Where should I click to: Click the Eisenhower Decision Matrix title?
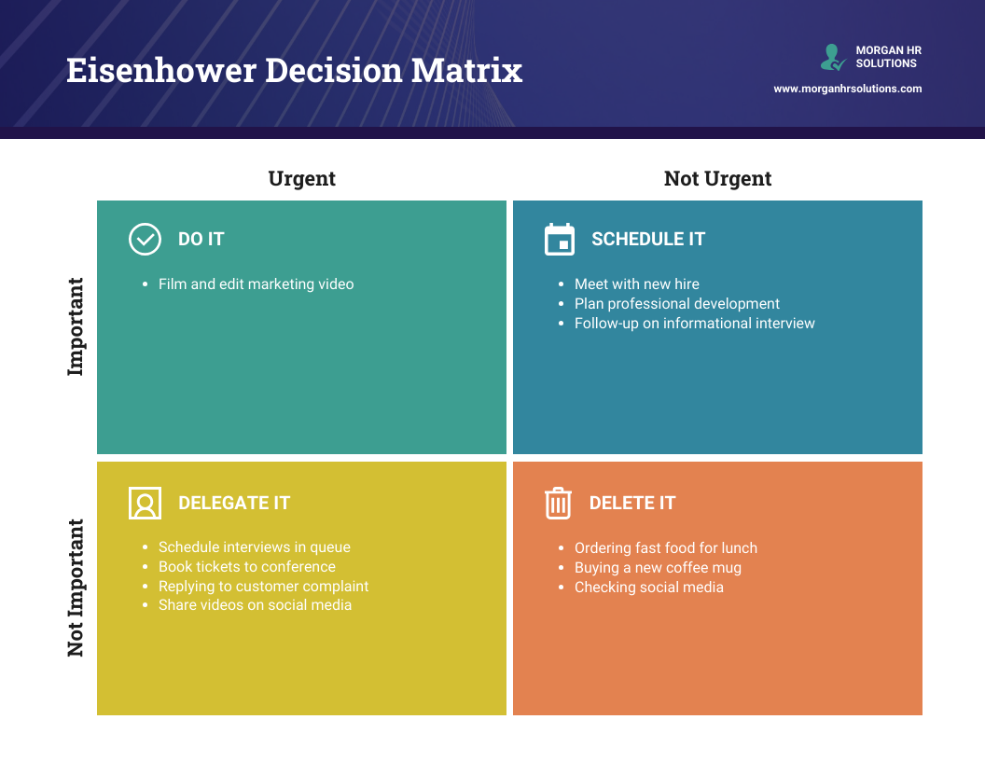pyautogui.click(x=294, y=71)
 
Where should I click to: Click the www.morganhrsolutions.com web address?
pyautogui.click(x=847, y=89)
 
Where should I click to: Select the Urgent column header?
pyautogui.click(x=301, y=178)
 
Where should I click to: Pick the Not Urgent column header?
pyautogui.click(x=717, y=178)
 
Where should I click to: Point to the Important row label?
pyautogui.click(x=76, y=326)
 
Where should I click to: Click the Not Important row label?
pyautogui.click(x=76, y=588)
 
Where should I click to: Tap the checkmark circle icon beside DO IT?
pyautogui.click(x=145, y=239)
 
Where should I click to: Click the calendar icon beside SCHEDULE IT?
pyautogui.click(x=560, y=239)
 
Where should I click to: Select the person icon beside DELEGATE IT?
pyautogui.click(x=145, y=503)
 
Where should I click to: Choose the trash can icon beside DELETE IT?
pyautogui.click(x=558, y=503)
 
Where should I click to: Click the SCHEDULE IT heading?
pyautogui.click(x=648, y=239)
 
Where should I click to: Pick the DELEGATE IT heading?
pyautogui.click(x=234, y=503)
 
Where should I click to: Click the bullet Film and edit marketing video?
pyautogui.click(x=256, y=284)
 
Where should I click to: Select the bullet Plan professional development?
pyautogui.click(x=676, y=303)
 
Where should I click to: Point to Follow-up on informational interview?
pyautogui.click(x=694, y=323)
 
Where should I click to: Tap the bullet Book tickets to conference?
pyautogui.click(x=246, y=566)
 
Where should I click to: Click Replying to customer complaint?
pyautogui.click(x=263, y=586)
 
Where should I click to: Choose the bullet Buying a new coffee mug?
pyautogui.click(x=658, y=567)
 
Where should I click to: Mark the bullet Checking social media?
pyautogui.click(x=648, y=587)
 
